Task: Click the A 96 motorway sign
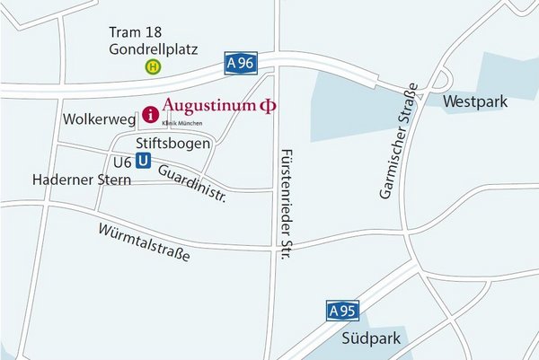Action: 241,63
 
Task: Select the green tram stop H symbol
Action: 155,66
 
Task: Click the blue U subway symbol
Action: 143,162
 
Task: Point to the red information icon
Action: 149,115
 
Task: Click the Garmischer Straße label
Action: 392,142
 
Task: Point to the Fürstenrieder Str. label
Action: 287,204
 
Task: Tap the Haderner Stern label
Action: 81,180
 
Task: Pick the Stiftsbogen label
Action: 173,144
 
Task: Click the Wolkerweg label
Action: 98,119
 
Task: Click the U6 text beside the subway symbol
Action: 122,162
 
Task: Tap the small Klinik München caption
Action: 181,122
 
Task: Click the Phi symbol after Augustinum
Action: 267,106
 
